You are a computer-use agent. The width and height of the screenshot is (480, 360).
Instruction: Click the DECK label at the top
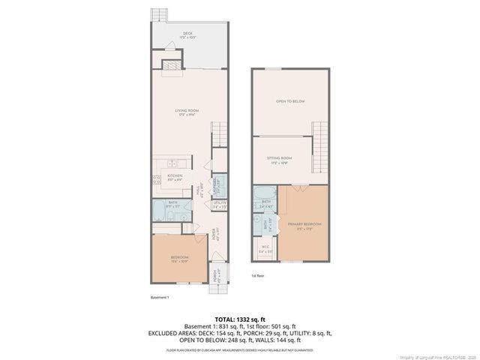click(187, 33)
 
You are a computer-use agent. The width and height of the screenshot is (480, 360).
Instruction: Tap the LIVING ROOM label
click(187, 111)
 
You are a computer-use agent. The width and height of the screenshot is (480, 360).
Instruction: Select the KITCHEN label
click(175, 177)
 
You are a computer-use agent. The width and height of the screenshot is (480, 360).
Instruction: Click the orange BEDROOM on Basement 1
click(179, 258)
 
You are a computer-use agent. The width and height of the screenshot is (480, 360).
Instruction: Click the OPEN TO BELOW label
click(289, 101)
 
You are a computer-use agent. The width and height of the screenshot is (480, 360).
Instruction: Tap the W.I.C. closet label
click(265, 249)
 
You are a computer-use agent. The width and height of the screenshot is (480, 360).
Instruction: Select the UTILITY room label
click(219, 202)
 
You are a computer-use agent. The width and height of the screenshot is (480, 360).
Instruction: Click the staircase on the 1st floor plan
click(320, 138)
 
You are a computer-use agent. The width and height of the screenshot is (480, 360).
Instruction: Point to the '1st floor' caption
click(257, 276)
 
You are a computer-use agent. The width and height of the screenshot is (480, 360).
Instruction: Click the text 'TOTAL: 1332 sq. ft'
click(239, 318)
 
